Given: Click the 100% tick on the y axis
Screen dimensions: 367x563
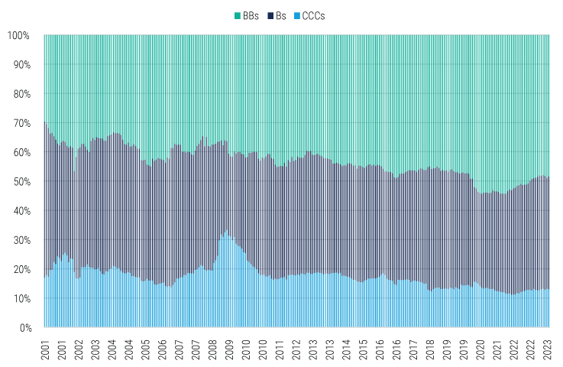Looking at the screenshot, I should coord(18,36).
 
